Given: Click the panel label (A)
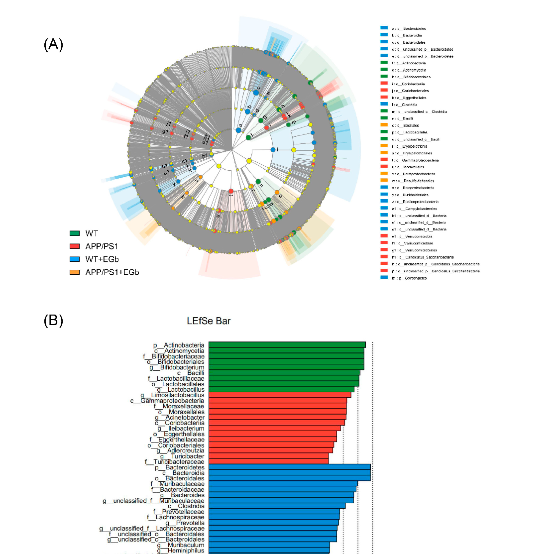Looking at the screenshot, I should click(53, 45).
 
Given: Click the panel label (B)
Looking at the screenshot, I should click(53, 320).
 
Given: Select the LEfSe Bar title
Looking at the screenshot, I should click(209, 321).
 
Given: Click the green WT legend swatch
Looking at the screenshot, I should click(75, 233).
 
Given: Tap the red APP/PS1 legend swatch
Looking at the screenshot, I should click(75, 246).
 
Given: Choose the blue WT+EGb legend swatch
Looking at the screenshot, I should click(75, 259).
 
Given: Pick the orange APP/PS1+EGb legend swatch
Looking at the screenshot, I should click(75, 272).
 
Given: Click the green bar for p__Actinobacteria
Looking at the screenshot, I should click(287, 345).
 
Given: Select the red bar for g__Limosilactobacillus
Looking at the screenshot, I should click(279, 395).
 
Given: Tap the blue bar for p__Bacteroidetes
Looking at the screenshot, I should click(289, 467).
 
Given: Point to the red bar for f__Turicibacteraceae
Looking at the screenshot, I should click(268, 461).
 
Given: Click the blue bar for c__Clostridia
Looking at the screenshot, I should click(277, 506).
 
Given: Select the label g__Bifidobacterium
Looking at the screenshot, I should click(182, 367).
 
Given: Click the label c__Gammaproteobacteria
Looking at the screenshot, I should click(167, 401).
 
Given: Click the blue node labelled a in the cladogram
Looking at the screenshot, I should click(238, 130).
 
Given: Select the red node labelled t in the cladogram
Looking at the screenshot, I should click(231, 191).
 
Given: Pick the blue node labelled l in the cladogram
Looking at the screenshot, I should click(273, 149).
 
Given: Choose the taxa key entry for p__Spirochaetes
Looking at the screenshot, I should click(404, 278).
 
